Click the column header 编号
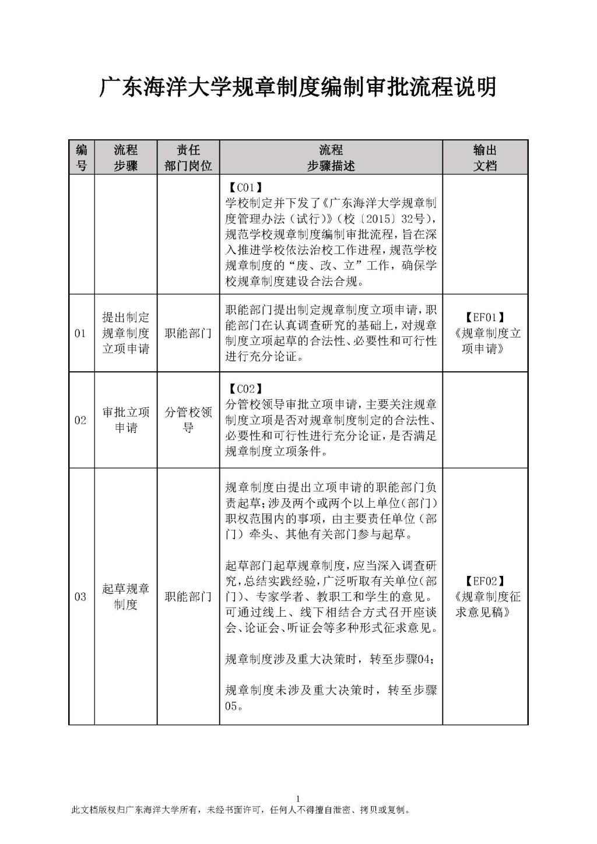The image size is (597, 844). click(82, 157)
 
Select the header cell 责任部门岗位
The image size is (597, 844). click(188, 157)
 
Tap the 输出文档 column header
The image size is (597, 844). click(485, 157)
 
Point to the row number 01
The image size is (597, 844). click(80, 333)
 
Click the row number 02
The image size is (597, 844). click(80, 420)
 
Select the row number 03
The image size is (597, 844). click(80, 597)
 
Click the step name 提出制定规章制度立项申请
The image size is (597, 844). click(126, 333)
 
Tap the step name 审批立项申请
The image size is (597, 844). click(126, 420)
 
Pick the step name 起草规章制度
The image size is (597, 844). click(126, 597)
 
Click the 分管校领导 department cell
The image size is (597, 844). click(188, 420)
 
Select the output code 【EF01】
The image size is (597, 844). click(485, 318)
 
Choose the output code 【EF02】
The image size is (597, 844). click(485, 581)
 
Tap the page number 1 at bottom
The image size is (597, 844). click(298, 799)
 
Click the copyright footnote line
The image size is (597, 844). click(240, 810)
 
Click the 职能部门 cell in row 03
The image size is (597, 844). click(188, 597)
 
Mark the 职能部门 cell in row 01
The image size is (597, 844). click(188, 333)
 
